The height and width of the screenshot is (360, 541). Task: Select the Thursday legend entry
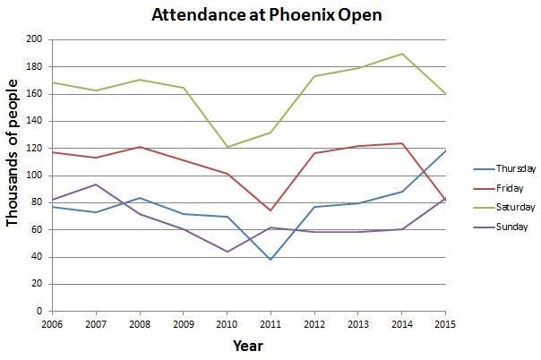[x=514, y=168]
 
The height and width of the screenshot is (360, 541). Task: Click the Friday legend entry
[x=508, y=188]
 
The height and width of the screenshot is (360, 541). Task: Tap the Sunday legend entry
[x=510, y=227]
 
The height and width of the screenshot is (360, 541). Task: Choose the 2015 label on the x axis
[x=446, y=322]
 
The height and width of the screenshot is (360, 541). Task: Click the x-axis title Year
[x=248, y=345]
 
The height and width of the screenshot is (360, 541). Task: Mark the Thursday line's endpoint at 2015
[x=445, y=150]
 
